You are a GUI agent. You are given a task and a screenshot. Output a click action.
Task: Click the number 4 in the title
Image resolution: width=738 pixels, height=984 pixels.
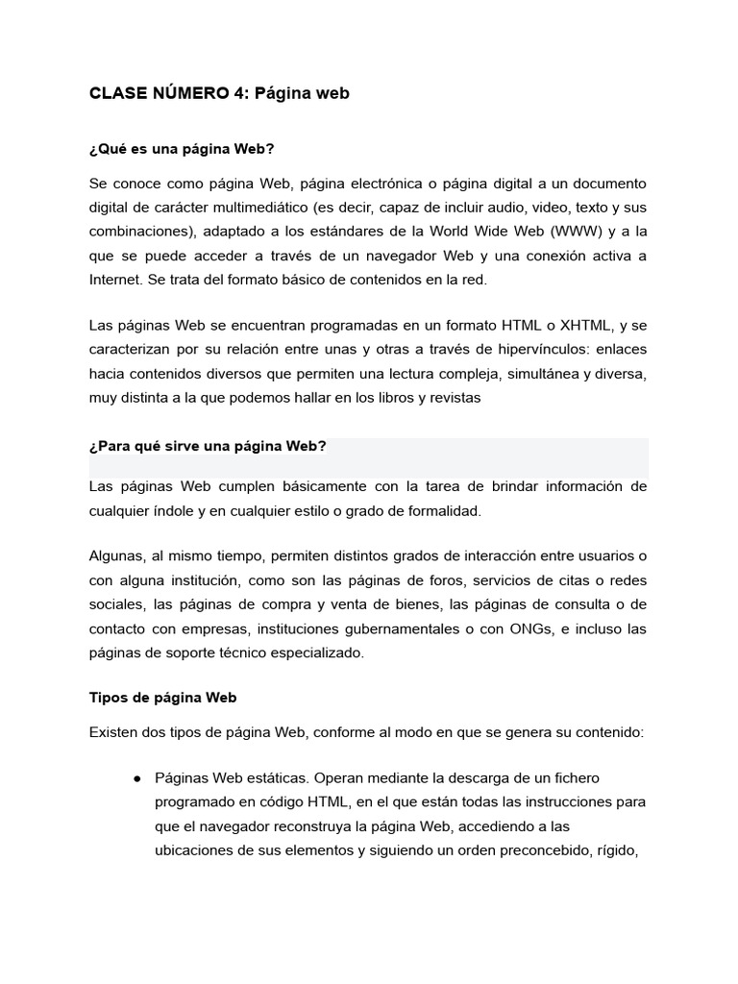(x=236, y=93)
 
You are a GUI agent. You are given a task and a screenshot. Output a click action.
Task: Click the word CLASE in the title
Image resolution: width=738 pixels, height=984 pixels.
(x=113, y=93)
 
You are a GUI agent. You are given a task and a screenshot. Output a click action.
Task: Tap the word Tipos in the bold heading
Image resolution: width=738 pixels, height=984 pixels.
(x=107, y=698)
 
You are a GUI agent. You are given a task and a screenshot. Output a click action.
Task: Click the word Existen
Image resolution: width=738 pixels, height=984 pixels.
(x=114, y=732)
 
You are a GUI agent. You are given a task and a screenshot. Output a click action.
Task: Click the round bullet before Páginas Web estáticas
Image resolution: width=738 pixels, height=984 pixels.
(x=138, y=777)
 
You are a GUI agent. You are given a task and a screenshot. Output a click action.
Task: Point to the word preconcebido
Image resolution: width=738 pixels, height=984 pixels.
(x=539, y=849)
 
